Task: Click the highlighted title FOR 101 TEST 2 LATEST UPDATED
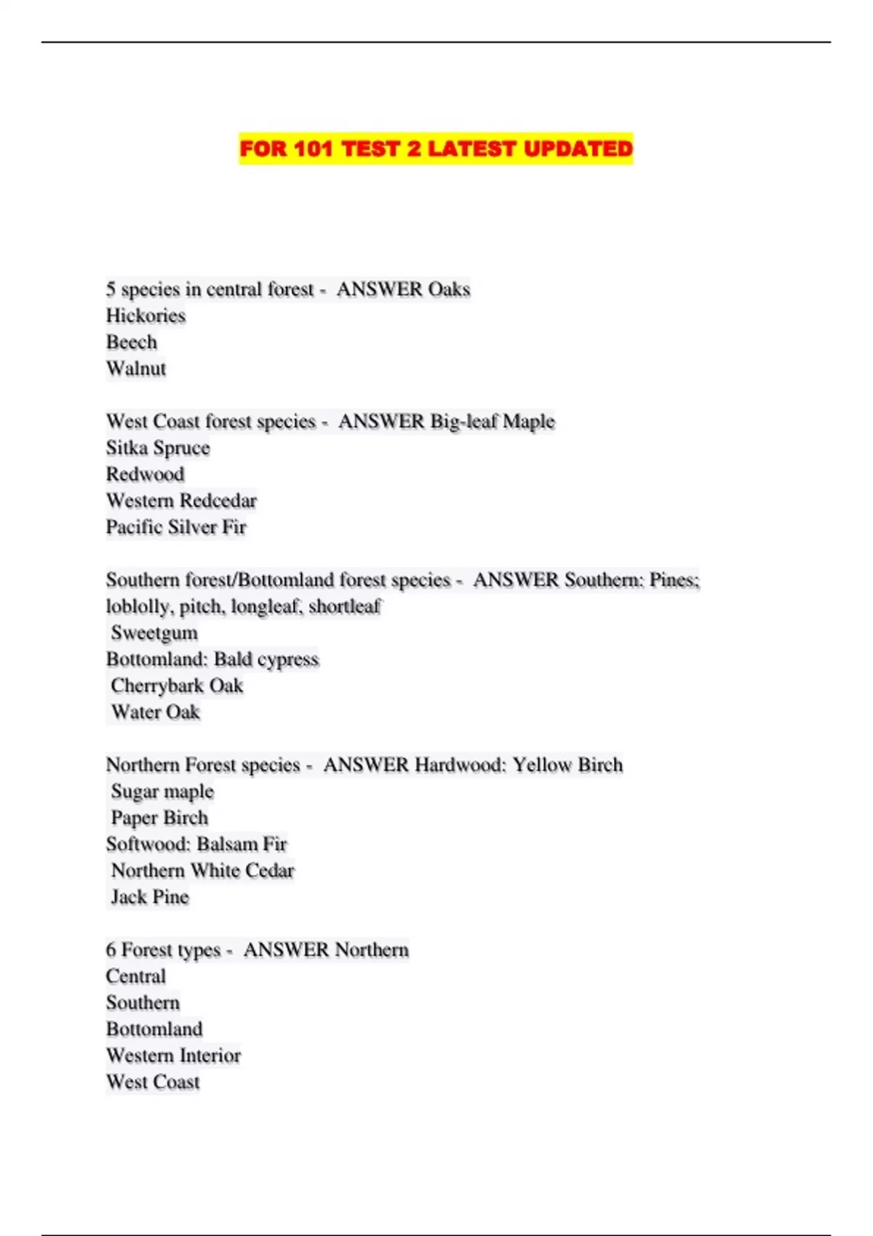pos(436,148)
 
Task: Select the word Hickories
pos(145,316)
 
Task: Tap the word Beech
pos(132,342)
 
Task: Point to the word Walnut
pos(136,369)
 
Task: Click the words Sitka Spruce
pos(158,448)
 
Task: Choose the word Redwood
pos(145,474)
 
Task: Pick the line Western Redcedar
pos(181,500)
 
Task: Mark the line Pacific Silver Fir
pos(176,527)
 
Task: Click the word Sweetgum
pos(154,633)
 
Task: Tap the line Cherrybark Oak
pos(177,686)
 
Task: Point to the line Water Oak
pos(155,712)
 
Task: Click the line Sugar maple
pos(162,791)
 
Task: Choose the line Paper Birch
pos(159,818)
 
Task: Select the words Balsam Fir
pos(242,844)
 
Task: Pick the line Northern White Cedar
pos(202,870)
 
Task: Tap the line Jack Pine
pos(150,897)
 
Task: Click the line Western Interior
pos(173,1056)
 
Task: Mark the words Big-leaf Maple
pos(493,422)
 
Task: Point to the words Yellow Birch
pos(567,765)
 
